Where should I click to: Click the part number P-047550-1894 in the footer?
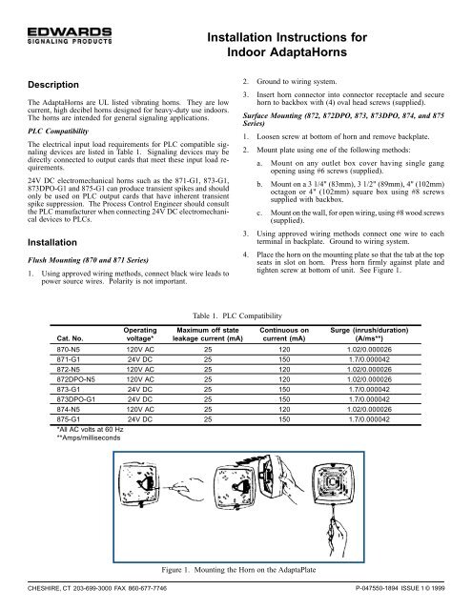(x=389, y=601)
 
